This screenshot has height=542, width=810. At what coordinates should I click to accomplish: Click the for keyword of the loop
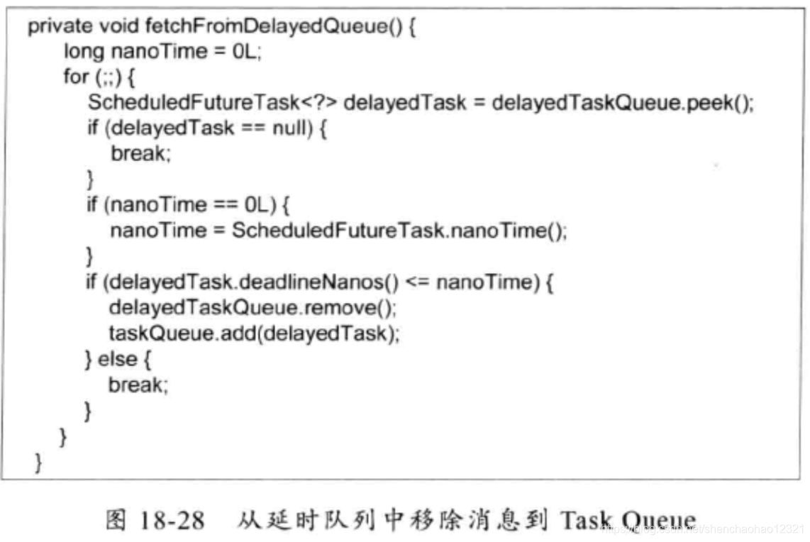click(75, 77)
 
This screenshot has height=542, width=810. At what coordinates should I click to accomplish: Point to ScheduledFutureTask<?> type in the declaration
click(212, 102)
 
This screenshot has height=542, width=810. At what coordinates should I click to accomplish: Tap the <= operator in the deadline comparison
click(416, 282)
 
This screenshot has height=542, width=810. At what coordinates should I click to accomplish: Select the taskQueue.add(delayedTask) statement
click(253, 333)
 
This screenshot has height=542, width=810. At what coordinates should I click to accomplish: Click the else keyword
click(117, 359)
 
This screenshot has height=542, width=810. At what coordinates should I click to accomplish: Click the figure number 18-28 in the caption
click(175, 521)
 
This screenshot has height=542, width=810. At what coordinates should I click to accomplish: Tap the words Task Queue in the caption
click(628, 521)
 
